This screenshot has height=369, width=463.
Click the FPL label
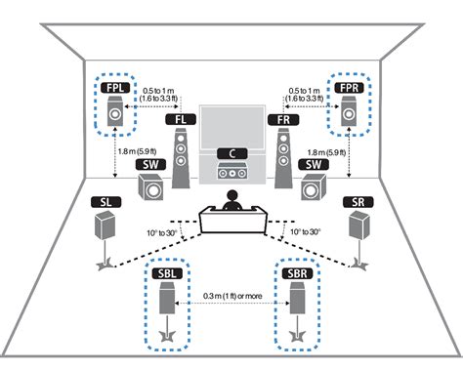pyautogui.click(x=114, y=88)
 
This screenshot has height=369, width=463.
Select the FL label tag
pyautogui.click(x=178, y=120)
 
